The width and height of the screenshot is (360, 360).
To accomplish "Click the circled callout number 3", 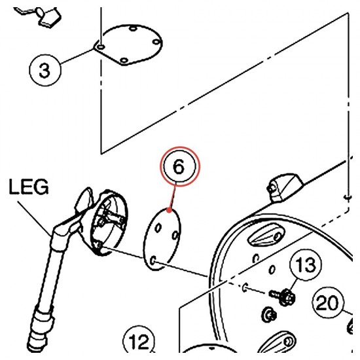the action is coord(45,70).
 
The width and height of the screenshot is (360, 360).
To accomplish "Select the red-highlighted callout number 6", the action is coord(180,166).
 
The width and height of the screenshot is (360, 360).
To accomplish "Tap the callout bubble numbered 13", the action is coord(306,264).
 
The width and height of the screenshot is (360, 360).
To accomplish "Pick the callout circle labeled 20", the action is coord(328,302).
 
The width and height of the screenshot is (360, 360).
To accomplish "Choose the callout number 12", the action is coord(139,341).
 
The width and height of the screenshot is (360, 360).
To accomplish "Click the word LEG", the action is coord(29,187).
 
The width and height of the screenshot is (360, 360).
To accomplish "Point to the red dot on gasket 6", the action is coord(170,210).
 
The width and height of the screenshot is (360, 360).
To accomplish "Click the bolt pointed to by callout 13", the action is coord(283,296).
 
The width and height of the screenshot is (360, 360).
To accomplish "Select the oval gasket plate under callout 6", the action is coord(162,239).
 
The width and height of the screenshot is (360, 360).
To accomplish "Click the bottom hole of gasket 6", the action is coord(153,261).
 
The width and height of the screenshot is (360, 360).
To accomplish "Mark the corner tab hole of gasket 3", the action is coord(101,47).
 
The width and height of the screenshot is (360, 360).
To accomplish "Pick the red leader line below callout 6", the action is coord(173,197).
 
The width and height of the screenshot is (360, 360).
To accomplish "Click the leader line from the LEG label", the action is coord(35,219).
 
